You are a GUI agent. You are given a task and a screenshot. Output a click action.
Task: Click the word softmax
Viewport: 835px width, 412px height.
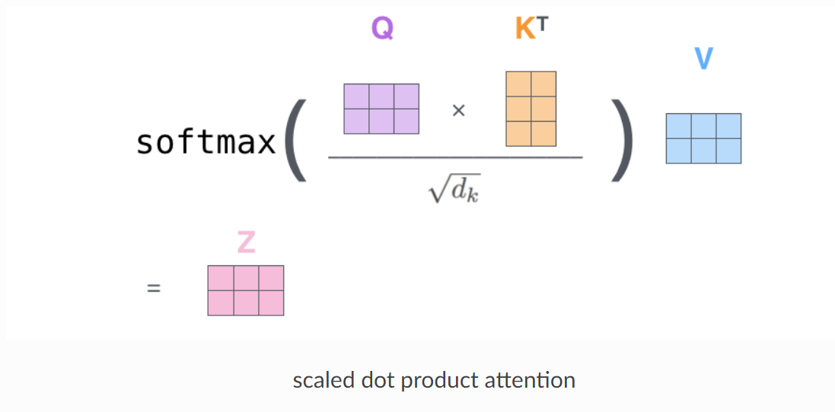(x=206, y=141)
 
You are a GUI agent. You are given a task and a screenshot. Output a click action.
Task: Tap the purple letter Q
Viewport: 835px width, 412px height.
(x=382, y=29)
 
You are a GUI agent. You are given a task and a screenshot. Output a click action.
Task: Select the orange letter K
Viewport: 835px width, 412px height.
(x=524, y=30)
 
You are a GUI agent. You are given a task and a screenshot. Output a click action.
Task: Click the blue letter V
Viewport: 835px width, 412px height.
(x=703, y=59)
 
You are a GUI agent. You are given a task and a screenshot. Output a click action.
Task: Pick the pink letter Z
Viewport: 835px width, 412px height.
(x=246, y=242)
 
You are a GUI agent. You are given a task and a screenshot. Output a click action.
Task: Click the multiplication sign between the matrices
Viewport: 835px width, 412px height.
(x=458, y=111)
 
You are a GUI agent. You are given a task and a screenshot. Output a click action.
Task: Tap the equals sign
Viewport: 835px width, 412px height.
(x=154, y=290)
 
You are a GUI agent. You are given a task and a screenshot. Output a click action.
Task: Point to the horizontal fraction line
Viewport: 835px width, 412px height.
(x=455, y=157)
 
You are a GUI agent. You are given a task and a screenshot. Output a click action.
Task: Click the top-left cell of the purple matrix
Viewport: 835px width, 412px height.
(x=356, y=97)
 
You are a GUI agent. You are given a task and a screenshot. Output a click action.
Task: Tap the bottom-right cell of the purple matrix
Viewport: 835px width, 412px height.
(x=406, y=122)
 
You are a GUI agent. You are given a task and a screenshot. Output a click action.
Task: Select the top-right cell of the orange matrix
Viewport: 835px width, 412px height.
(x=543, y=84)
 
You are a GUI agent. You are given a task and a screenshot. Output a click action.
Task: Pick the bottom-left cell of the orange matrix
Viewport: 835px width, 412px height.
(x=518, y=133)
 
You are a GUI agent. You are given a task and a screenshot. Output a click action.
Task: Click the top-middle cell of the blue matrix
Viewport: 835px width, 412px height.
(x=703, y=126)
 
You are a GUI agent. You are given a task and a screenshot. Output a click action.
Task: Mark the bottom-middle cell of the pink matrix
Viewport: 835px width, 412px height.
(x=246, y=303)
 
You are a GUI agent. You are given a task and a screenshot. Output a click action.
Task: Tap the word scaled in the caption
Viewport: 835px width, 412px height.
(x=318, y=380)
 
